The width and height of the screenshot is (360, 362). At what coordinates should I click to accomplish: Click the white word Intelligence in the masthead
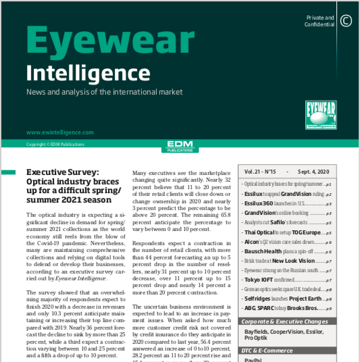(78, 72)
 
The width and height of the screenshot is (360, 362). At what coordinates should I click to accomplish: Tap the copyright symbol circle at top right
(346, 20)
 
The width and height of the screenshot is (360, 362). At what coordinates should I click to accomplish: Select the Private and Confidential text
(319, 21)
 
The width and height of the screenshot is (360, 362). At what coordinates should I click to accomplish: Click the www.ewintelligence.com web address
(59, 133)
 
